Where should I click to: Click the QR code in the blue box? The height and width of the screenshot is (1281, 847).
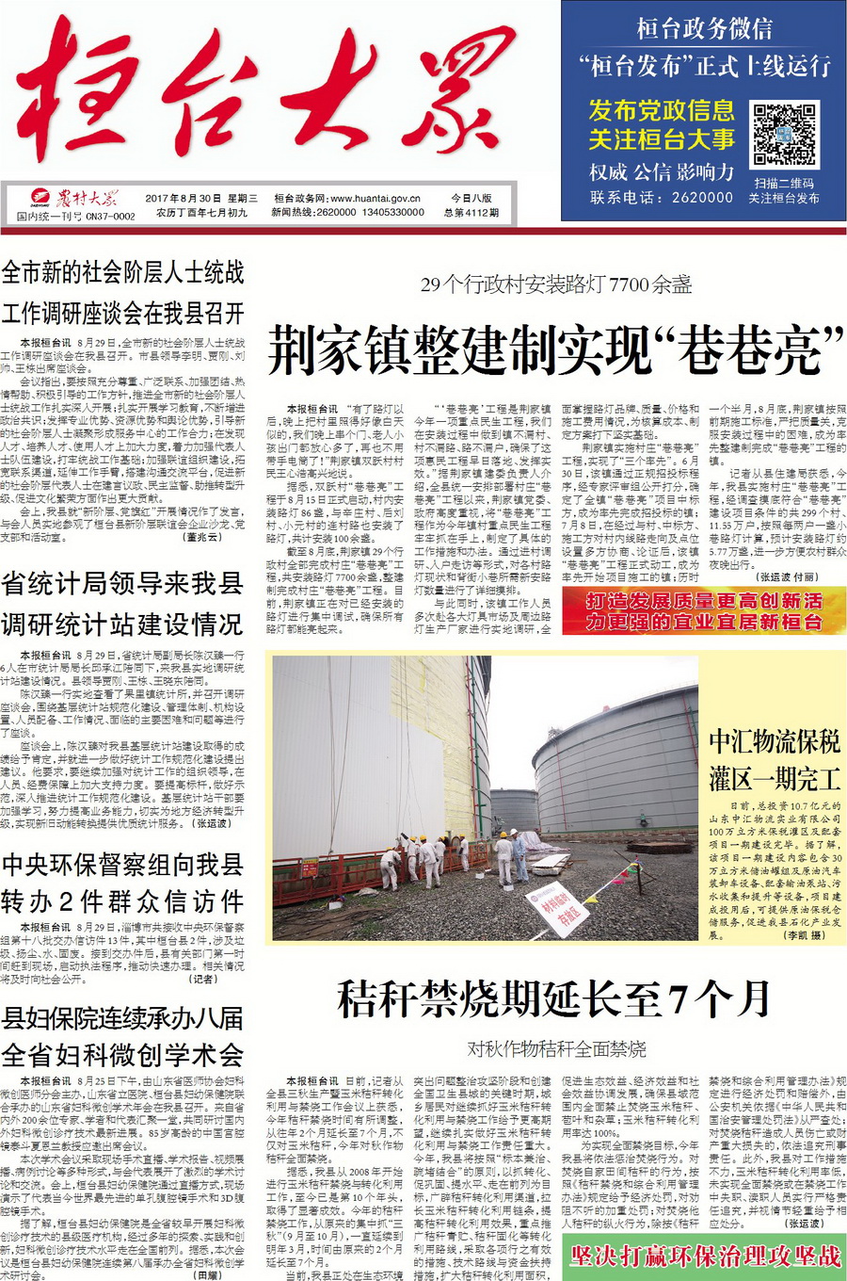tap(783, 135)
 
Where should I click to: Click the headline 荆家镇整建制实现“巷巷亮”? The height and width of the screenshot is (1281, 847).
tap(555, 349)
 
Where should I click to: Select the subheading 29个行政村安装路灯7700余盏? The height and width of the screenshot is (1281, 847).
tap(555, 284)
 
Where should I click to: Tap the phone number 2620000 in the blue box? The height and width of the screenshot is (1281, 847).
tap(700, 198)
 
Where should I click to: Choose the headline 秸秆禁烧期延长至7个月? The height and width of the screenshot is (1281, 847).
tap(555, 998)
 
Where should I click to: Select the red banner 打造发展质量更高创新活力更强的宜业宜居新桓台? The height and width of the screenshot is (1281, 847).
tap(704, 611)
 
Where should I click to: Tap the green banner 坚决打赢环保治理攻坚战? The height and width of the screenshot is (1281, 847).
tap(704, 1256)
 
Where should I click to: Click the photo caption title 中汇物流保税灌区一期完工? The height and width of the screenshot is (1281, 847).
tap(775, 759)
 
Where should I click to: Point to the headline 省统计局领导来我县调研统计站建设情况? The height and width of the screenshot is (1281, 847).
tap(122, 604)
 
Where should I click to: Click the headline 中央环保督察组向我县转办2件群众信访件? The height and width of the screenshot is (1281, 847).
tap(122, 883)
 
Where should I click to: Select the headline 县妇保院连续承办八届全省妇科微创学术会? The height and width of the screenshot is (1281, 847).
tap(122, 1036)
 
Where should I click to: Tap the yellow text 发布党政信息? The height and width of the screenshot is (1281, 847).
tap(662, 111)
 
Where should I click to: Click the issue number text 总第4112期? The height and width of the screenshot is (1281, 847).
tap(471, 213)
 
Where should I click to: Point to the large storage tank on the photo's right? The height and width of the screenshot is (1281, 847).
tap(612, 772)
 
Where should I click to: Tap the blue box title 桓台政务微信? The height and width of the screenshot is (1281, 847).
tap(704, 28)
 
